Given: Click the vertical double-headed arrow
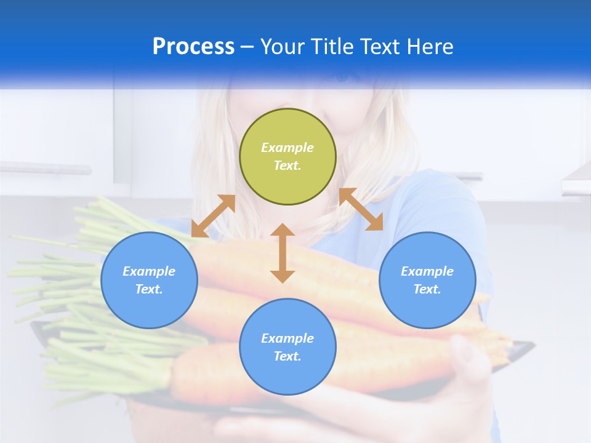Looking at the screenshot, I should [x=283, y=253].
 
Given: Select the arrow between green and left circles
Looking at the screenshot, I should [x=213, y=216].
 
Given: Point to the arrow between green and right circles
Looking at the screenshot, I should [x=361, y=209].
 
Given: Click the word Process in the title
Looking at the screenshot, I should [x=193, y=47].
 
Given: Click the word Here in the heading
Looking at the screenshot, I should [x=430, y=47].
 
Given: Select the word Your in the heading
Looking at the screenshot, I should [x=283, y=47].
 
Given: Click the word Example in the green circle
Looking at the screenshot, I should [x=287, y=148].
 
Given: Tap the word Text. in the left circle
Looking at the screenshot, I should [x=149, y=289].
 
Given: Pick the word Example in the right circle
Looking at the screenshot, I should [x=427, y=271].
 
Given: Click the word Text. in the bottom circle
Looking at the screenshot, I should [x=287, y=356].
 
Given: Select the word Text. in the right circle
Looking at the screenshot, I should [x=427, y=289].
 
